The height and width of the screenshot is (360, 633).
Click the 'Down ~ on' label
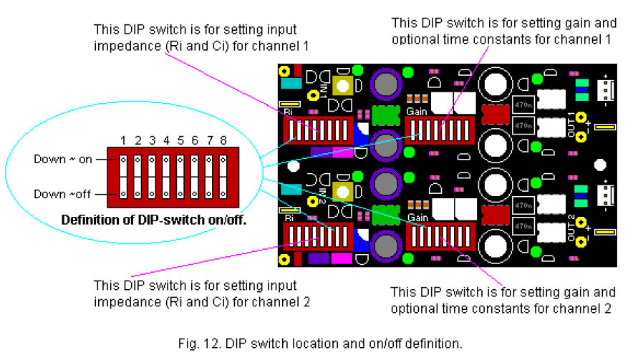[63, 159]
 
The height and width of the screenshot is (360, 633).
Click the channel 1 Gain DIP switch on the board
[440, 131]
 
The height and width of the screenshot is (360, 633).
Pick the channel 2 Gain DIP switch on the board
[440, 237]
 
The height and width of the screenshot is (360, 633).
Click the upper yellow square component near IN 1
[342, 85]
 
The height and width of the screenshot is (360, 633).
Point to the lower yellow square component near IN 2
[342, 191]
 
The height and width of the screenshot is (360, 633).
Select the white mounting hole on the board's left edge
[292, 168]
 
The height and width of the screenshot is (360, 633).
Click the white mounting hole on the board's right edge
[599, 165]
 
